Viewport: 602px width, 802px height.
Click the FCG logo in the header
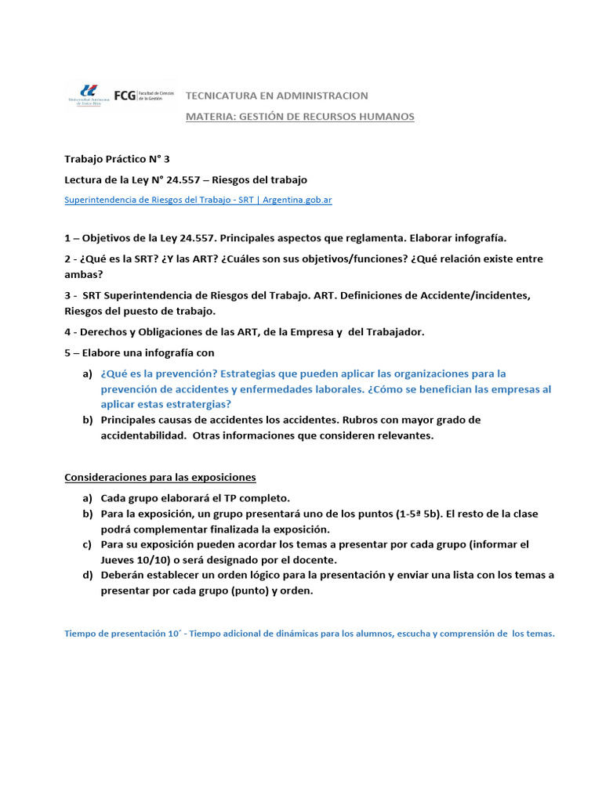(124, 96)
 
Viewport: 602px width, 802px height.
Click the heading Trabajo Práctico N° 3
(116, 158)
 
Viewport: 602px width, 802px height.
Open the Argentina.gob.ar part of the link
(297, 200)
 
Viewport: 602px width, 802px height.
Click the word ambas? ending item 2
(83, 274)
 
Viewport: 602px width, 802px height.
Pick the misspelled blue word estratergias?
(198, 404)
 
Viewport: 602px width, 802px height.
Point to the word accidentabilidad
(143, 435)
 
